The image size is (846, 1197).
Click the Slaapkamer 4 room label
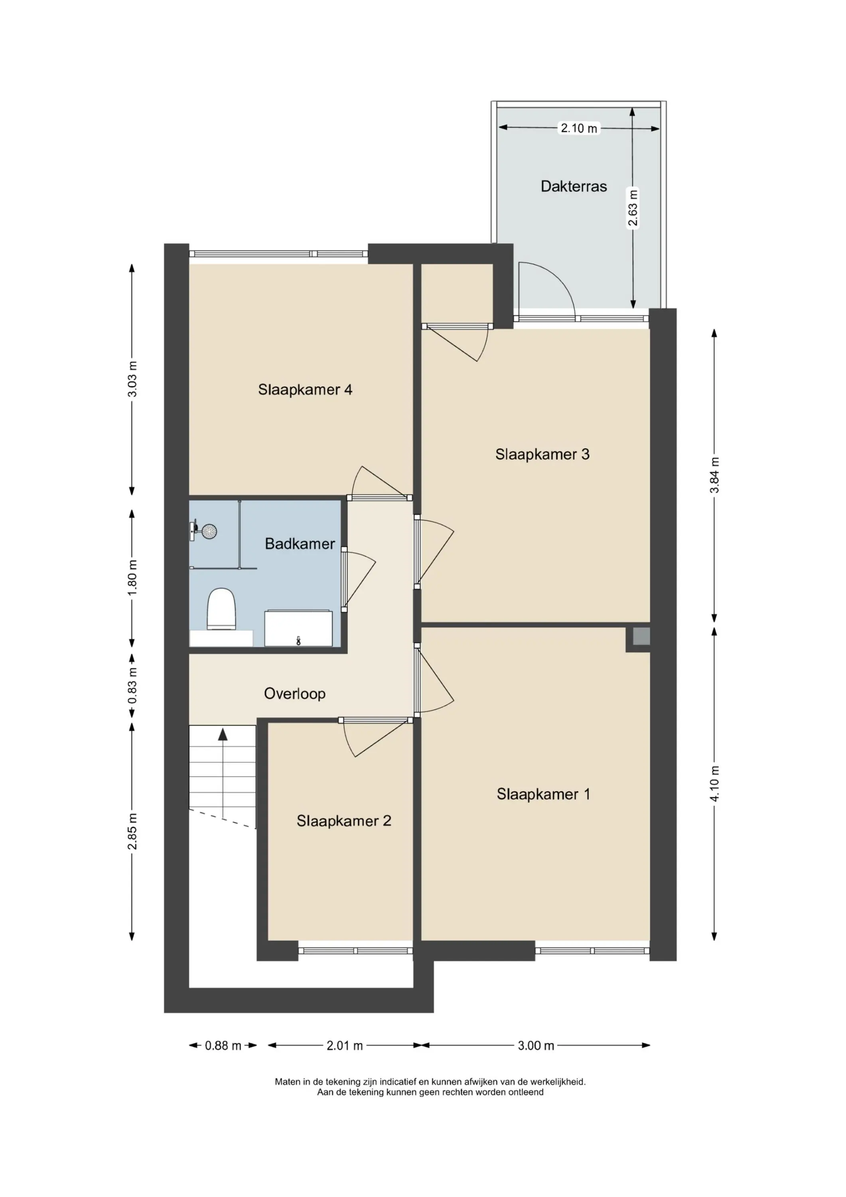pyautogui.click(x=305, y=389)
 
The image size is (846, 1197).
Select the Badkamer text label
pyautogui.click(x=300, y=544)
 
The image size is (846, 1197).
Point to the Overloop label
pyautogui.click(x=294, y=693)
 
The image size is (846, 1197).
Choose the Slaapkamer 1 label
pyautogui.click(x=543, y=794)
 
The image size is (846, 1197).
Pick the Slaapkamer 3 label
pyautogui.click(x=542, y=454)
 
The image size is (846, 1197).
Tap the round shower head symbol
pyautogui.click(x=209, y=532)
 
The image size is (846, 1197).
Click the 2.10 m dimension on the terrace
pyautogui.click(x=579, y=128)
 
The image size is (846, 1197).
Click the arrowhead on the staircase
pyautogui.click(x=223, y=735)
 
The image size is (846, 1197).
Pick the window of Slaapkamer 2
pyautogui.click(x=355, y=950)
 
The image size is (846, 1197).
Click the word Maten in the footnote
pyautogui.click(x=288, y=1082)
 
